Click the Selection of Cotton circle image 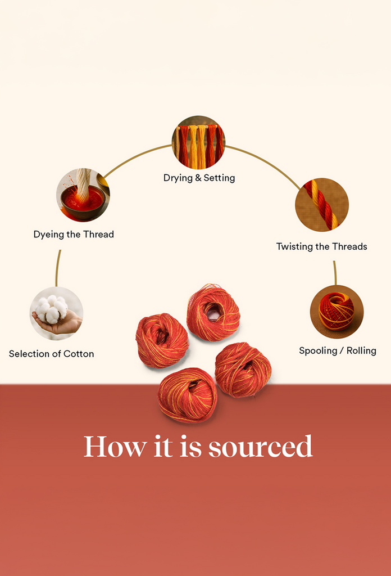coord(56,313)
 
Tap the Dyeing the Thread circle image coord(83,195)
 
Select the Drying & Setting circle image coord(198,142)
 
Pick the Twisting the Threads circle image coord(322,205)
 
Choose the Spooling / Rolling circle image coord(337,312)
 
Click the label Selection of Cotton coord(51,354)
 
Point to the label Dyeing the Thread coord(74,235)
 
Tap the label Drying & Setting coord(199,178)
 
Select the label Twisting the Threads coord(321,246)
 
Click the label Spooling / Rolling coord(337,350)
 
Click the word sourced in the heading coord(260,447)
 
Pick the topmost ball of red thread coord(213,312)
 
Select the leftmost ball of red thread coord(162,340)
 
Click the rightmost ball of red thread coord(243,369)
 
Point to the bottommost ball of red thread coord(187,394)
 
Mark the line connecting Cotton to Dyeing coord(58,268)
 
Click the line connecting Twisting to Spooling coord(335,272)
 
